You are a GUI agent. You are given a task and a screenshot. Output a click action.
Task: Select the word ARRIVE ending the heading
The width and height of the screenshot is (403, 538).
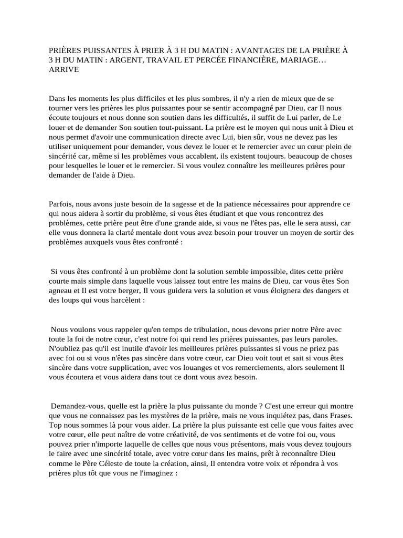pos(64,70)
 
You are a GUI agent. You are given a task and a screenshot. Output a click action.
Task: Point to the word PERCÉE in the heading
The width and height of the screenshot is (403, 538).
pos(217,60)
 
